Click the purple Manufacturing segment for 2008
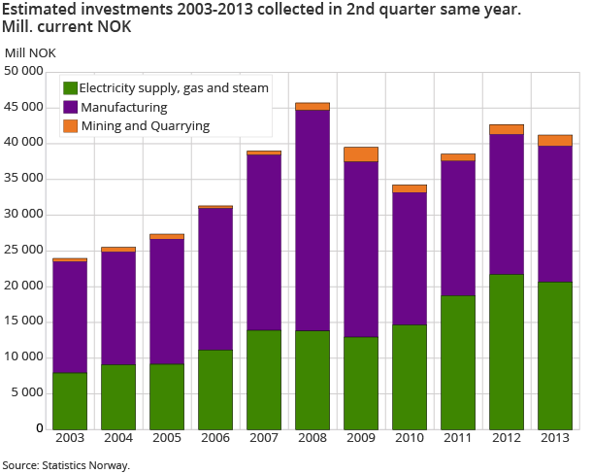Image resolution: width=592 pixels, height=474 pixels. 312,220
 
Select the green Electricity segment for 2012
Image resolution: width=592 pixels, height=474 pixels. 506,351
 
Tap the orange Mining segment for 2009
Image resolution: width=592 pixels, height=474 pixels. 361,153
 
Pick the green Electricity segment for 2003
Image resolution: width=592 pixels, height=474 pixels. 70,400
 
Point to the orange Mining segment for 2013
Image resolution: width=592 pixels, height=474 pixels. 555,140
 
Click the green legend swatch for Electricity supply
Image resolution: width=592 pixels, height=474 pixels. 70,87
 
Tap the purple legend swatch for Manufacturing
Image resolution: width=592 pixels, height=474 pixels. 70,107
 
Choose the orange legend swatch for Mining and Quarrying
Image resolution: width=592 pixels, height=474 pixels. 70,126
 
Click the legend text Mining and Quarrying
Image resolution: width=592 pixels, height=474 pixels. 146,126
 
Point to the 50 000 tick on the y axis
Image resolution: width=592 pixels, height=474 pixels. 24,71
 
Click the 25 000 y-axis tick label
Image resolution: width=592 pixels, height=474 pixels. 24,250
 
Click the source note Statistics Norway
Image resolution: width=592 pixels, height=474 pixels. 65,465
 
